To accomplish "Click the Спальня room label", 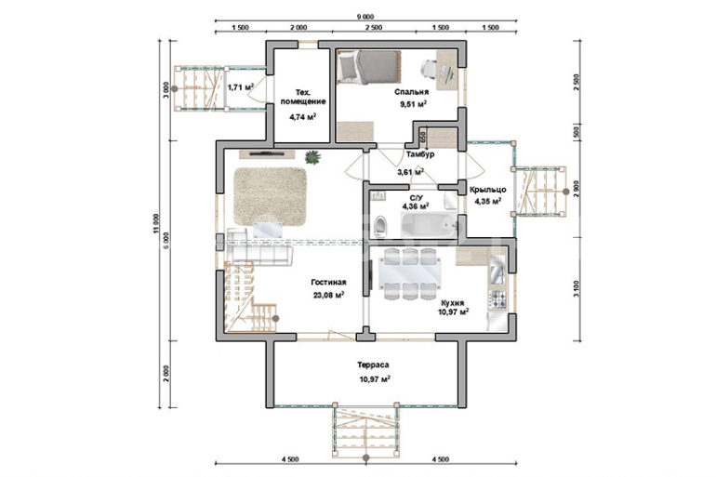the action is point(411,92).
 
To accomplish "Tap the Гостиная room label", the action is point(328,283).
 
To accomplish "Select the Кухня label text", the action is point(453,302).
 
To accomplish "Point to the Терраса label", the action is point(373,365).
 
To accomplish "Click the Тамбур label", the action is point(420,154).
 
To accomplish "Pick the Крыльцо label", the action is point(487,190).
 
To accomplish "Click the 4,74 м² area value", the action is point(303,117).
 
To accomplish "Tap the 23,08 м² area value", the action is point(328,295).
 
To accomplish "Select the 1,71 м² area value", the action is point(240,86).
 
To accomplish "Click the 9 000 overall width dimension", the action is point(365,17).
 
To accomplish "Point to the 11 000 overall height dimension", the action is point(156,224).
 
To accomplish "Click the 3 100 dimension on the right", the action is point(577,288).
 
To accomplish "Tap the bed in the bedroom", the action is point(368,67).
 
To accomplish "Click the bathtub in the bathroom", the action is point(429,225).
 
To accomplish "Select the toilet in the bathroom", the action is point(380,227).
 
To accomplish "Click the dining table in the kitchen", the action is point(410,274).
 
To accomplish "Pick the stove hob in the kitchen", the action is point(497,299).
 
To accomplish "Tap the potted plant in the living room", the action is point(312,157).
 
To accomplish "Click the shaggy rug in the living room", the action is point(270,196).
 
